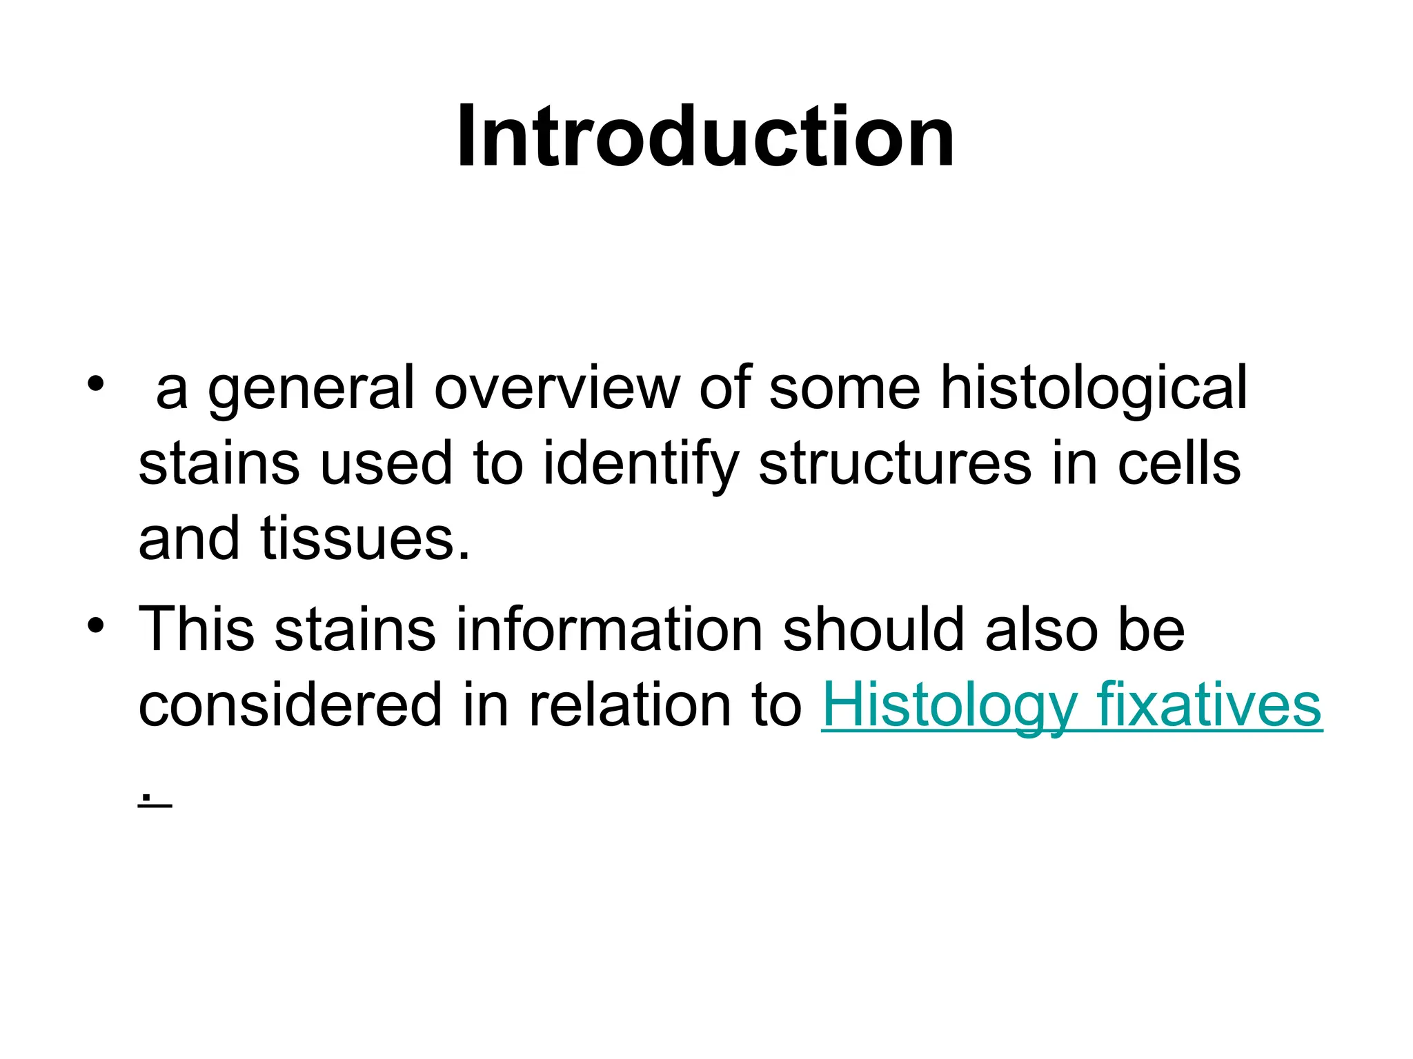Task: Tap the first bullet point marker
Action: click(x=95, y=383)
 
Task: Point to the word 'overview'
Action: click(x=557, y=389)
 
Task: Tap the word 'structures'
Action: click(x=895, y=465)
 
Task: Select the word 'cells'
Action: click(x=1178, y=463)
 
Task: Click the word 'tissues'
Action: click(x=358, y=538)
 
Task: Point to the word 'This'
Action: click(x=197, y=629)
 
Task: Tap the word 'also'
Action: click(x=1041, y=629)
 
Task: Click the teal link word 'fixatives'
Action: click(x=1208, y=705)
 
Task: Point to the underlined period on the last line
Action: click(x=146, y=798)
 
